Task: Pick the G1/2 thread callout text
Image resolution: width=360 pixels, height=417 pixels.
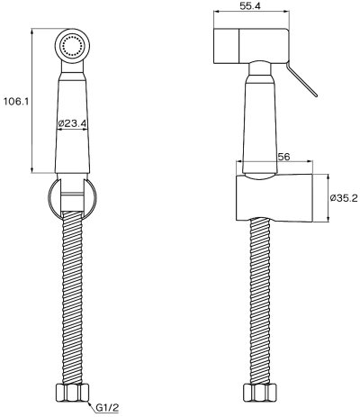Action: click(x=110, y=406)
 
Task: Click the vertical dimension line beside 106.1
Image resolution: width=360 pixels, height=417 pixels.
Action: click(x=33, y=101)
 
